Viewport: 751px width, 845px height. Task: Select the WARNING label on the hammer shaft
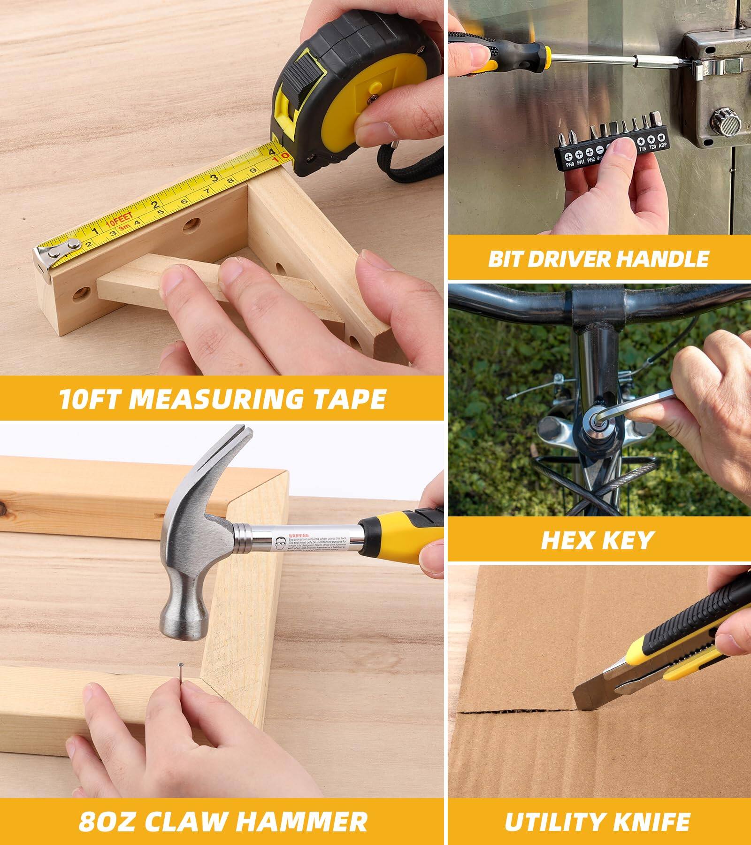point(299,535)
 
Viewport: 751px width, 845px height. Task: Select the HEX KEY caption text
point(598,540)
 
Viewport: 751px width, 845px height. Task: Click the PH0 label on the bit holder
point(570,164)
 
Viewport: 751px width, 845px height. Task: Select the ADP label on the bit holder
point(662,146)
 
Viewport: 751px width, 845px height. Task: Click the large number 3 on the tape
point(214,177)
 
